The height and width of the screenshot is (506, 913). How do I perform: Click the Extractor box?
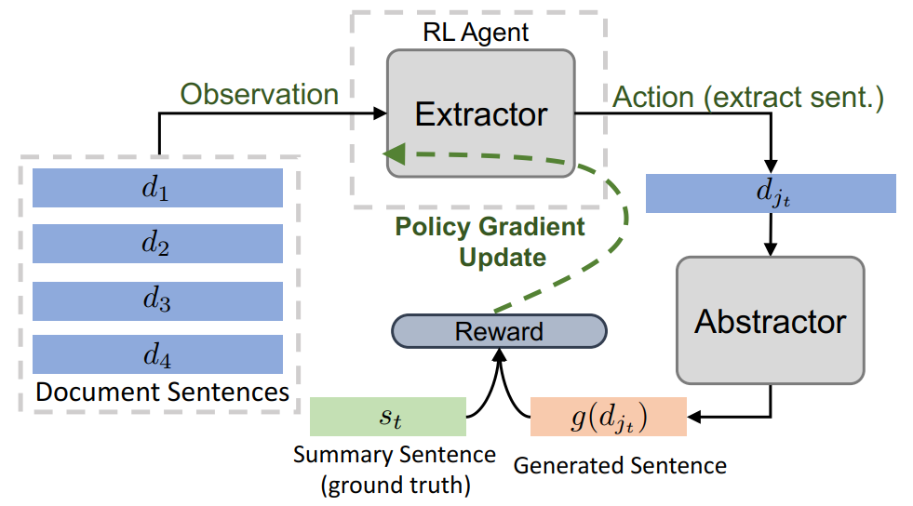(481, 113)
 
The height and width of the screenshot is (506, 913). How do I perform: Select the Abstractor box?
(771, 321)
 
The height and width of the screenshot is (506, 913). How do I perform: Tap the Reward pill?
(499, 331)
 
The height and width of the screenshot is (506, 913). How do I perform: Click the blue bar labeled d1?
(157, 188)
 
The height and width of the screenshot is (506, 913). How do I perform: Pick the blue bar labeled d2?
(157, 244)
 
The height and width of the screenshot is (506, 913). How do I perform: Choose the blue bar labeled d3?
(157, 301)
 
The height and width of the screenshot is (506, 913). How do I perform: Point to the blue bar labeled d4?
(157, 354)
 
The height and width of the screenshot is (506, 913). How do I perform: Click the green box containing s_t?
(388, 417)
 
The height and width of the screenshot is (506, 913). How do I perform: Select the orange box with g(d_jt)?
(609, 417)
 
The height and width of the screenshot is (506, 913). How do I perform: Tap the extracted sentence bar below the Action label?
(771, 193)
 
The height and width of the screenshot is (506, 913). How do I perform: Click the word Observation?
(259, 94)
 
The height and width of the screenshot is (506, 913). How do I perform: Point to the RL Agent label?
(476, 32)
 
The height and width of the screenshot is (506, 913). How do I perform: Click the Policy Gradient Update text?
(490, 241)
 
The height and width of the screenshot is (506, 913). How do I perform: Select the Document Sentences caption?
(163, 392)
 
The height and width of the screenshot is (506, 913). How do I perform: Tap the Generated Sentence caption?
(620, 465)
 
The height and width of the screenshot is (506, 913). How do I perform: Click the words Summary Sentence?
(395, 454)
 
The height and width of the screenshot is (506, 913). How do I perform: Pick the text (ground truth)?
(396, 485)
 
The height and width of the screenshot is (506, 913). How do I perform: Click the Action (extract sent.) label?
(748, 97)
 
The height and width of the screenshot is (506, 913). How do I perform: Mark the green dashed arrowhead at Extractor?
(395, 153)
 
